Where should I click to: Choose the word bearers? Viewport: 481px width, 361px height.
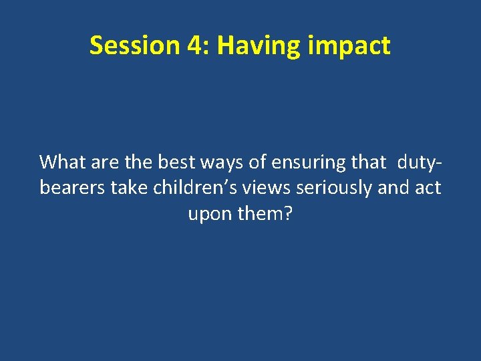click(x=72, y=188)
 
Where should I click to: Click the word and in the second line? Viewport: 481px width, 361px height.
click(x=393, y=188)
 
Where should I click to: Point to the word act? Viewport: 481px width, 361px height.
click(x=428, y=188)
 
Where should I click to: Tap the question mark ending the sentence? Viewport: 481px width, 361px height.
click(x=289, y=214)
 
